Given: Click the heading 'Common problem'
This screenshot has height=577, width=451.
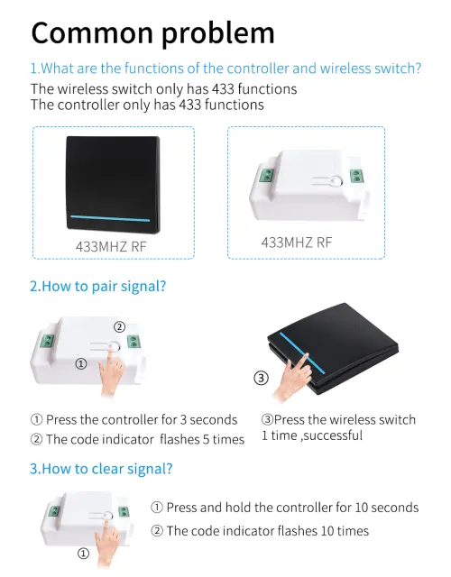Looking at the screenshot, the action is pos(152,34).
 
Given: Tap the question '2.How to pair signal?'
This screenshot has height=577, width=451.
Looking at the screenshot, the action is pos(98,287).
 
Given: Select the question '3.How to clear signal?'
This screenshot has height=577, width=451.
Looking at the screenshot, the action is pos(101,469).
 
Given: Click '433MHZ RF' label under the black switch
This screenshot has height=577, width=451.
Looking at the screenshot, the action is pos(111,246).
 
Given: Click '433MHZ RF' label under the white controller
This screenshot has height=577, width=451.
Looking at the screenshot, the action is pos(297,243).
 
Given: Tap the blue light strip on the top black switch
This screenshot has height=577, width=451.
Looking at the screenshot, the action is pos(110,218).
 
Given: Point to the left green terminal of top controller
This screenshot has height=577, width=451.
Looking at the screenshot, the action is pos(266,175).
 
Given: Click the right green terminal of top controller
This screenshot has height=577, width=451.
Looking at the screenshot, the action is pos(355,176).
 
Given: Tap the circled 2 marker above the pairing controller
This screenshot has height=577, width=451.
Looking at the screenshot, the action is pos(119,326).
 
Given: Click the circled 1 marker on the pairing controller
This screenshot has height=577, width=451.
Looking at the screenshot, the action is pos(81,364).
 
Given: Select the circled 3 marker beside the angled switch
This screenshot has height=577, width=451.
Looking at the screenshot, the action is pos(261,378).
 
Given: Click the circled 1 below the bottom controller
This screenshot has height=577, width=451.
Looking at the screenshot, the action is pos(83,554).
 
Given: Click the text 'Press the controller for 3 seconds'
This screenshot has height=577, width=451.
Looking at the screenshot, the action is pos(142,420).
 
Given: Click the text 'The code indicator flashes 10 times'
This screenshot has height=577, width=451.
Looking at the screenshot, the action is pos(267,531).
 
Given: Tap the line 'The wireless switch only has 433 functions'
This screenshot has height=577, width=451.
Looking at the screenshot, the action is pos(164,89).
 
